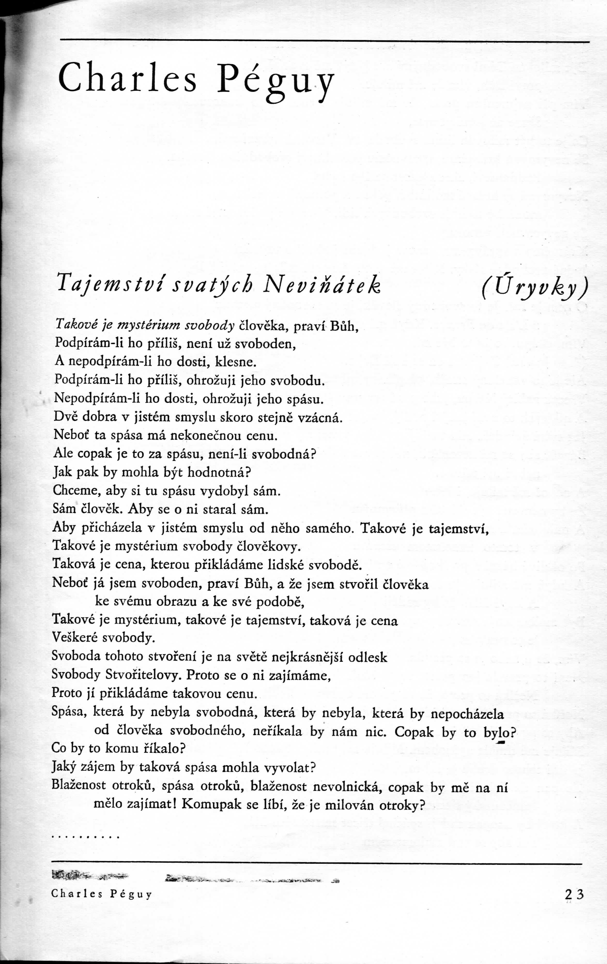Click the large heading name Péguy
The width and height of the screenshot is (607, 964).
tap(275, 79)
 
